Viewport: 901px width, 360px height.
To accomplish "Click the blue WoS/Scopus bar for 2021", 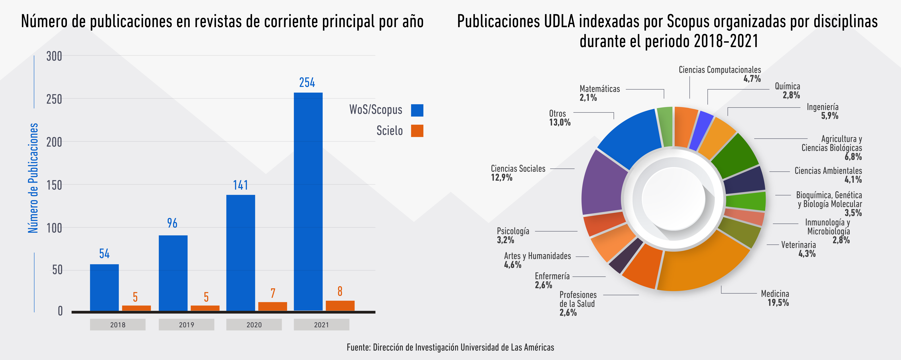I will pos(308,201).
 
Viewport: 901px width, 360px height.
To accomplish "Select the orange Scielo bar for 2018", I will pos(136,308).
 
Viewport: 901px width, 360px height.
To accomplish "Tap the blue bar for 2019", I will pos(173,273).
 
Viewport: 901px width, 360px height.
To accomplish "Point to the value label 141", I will pos(241,185).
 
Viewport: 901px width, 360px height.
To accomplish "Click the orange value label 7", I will pos(273,293).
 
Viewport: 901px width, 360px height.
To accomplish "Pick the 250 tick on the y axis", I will pos(54,99).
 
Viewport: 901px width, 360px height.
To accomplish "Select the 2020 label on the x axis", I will pos(254,325).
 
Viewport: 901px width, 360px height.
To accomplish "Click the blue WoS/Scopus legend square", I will pos(417,110).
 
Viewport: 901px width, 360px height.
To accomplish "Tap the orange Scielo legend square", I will pos(417,131).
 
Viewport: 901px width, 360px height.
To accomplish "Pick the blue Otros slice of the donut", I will pos(630,136).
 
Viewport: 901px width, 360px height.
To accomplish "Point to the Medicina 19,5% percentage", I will pos(778,303).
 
